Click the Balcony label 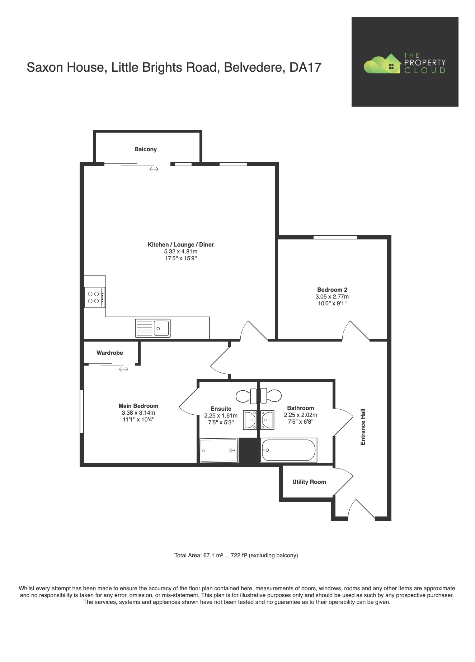click(145, 149)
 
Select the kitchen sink click(153, 328)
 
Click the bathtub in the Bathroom click(288, 450)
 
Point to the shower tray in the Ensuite click(218, 450)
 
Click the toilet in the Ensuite click(246, 396)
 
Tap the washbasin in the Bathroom click(267, 420)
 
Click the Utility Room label click(309, 482)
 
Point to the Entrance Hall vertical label click(363, 427)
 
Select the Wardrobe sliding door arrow click(123, 369)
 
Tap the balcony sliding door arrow click(154, 169)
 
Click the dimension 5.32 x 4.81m click(181, 251)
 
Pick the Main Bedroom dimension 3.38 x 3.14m click(138, 413)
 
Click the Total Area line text click(236, 555)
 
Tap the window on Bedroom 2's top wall click(335, 237)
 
